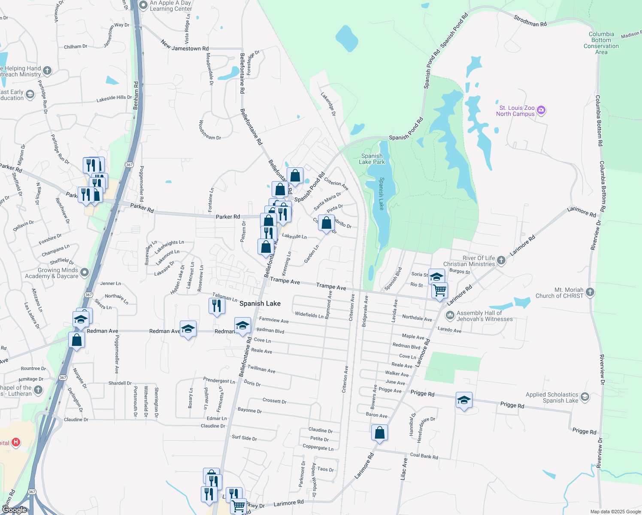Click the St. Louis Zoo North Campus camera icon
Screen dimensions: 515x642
point(541,111)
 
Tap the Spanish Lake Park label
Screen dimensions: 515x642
point(372,159)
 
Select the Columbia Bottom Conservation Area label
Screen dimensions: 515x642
point(601,43)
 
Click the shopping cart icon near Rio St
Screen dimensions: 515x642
point(440,291)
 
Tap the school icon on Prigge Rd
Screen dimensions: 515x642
point(464,400)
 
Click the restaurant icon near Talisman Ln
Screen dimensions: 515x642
point(217,306)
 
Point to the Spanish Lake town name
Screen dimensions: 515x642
point(260,303)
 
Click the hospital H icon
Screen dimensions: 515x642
point(16,442)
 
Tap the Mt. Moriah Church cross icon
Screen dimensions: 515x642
point(590,293)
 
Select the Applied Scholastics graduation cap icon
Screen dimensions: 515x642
point(585,397)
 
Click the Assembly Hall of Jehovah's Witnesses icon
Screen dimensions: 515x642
point(450,316)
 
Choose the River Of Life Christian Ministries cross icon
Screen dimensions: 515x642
point(501,261)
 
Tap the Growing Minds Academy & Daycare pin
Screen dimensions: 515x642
point(85,272)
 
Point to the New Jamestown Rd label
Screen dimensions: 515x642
point(185,46)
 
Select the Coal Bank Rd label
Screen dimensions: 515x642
point(424,456)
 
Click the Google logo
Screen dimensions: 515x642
point(14,510)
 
